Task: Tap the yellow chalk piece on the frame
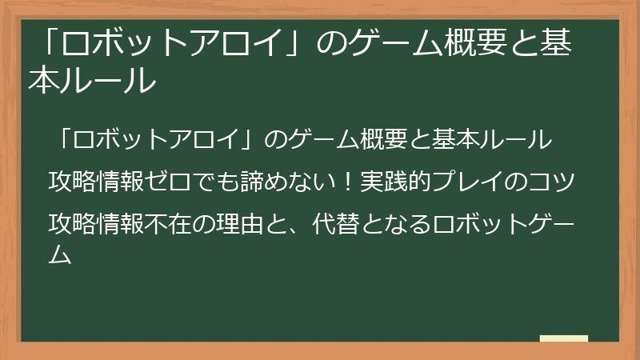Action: click(563, 338)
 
